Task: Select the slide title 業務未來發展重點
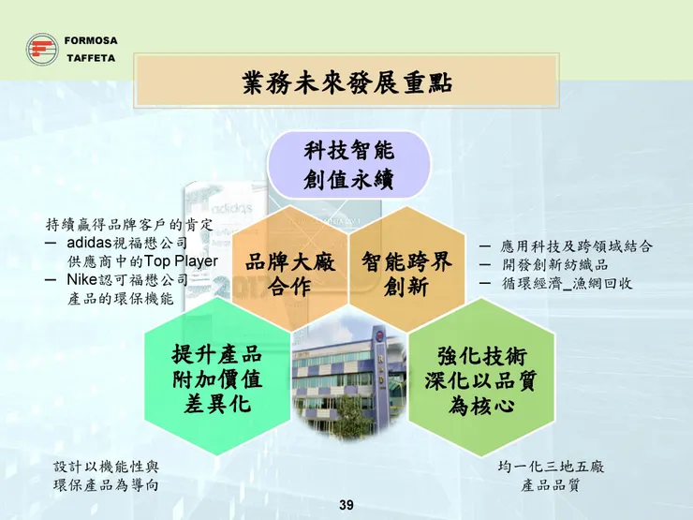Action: pyautogui.click(x=347, y=82)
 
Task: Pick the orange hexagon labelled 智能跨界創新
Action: pyautogui.click(x=406, y=274)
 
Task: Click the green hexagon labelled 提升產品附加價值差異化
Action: pyautogui.click(x=216, y=380)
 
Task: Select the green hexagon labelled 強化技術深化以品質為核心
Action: pyautogui.click(x=481, y=380)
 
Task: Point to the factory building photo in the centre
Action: pyautogui.click(x=349, y=375)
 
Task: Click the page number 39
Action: pyautogui.click(x=346, y=506)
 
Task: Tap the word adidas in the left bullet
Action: pyautogui.click(x=93, y=243)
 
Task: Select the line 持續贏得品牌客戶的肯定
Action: pyautogui.click(x=129, y=225)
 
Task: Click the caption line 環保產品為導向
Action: pyautogui.click(x=105, y=484)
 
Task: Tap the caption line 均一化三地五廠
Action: pyautogui.click(x=550, y=466)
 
